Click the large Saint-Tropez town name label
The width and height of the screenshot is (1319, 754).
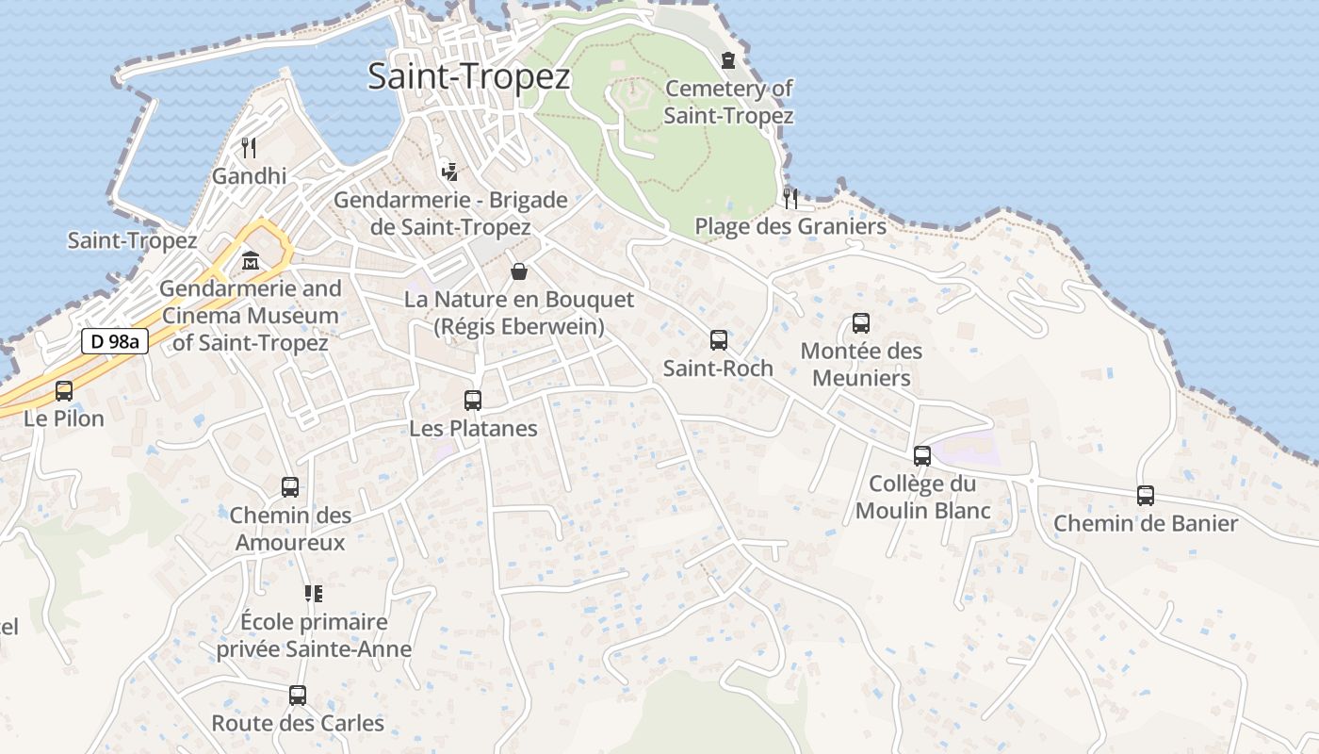coord(469,76)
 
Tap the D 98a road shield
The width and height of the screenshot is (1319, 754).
coord(115,341)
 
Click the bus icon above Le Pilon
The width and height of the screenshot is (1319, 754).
coord(64,390)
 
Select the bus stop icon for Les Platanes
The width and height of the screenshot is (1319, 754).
coord(473,401)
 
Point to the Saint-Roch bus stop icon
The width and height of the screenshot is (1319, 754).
coord(719,340)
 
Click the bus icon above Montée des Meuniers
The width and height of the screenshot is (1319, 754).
coord(861,323)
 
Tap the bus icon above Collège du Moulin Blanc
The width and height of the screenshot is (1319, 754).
coord(922,456)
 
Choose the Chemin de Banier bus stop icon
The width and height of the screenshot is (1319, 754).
coord(1146,496)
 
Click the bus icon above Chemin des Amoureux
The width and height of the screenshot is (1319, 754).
coord(290,487)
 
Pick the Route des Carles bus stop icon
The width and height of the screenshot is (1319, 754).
coord(298,696)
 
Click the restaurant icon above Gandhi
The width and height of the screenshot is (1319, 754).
coord(249,147)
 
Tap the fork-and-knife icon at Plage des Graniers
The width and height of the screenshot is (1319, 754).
coord(790,198)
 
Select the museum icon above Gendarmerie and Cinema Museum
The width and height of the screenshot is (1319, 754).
coord(252,260)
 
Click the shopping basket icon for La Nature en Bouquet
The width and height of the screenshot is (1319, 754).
coord(519,272)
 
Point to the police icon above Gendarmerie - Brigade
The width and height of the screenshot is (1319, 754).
coord(450,172)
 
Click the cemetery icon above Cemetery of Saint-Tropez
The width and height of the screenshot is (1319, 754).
coord(728,61)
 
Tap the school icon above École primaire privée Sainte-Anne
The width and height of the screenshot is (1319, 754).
coord(313,594)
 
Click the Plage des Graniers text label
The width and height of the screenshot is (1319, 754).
coord(790,226)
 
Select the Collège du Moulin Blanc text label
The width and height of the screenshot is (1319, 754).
coord(922,497)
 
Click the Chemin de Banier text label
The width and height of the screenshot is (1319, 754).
coord(1146,523)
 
